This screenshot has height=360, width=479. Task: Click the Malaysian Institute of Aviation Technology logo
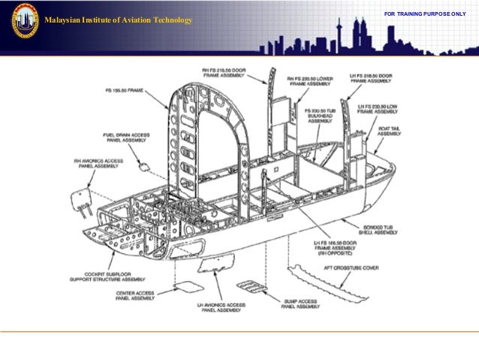(x=25, y=21)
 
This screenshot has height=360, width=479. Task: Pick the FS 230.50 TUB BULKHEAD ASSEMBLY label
(x=320, y=115)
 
